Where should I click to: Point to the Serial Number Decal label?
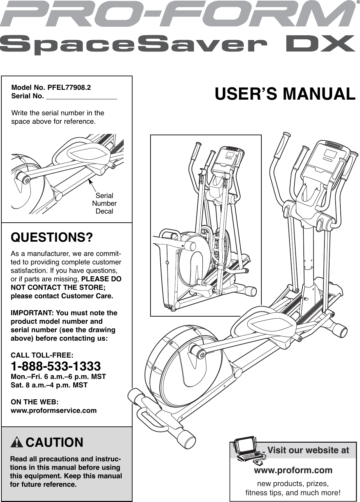click(x=104, y=203)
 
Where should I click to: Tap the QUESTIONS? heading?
click(x=52, y=237)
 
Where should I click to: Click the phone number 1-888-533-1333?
click(x=56, y=366)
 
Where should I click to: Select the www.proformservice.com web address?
click(x=54, y=410)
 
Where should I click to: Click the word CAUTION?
click(x=54, y=443)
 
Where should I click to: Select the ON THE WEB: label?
click(x=35, y=402)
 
